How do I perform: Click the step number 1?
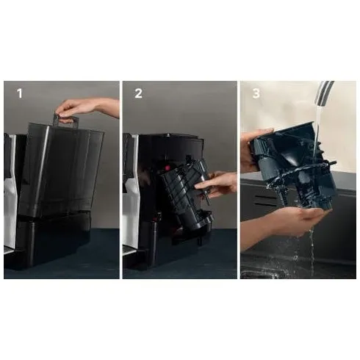[x=20, y=93]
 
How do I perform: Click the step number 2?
[x=138, y=93]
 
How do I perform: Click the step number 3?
[x=256, y=93]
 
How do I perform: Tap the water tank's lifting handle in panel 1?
[x=66, y=120]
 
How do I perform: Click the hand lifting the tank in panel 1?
[x=86, y=108]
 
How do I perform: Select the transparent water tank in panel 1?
[x=60, y=169]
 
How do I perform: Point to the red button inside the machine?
[x=168, y=168]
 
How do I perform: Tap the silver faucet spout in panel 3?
[x=324, y=93]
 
